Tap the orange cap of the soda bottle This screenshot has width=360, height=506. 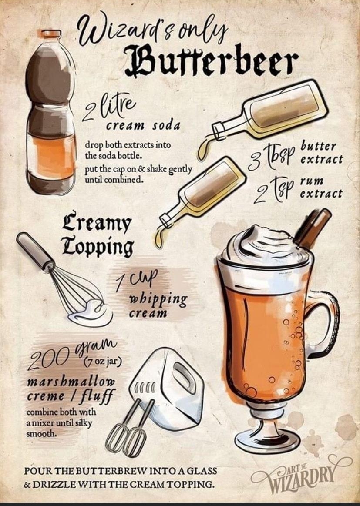pyautogui.click(x=51, y=34)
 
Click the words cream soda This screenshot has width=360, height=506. pyautogui.click(x=143, y=126)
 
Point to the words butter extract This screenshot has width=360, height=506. pyautogui.click(x=321, y=152)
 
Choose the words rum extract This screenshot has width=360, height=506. pyautogui.click(x=321, y=188)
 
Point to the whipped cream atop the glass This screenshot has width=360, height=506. pyautogui.click(x=266, y=246)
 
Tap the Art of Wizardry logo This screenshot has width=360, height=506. pyautogui.click(x=301, y=474)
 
